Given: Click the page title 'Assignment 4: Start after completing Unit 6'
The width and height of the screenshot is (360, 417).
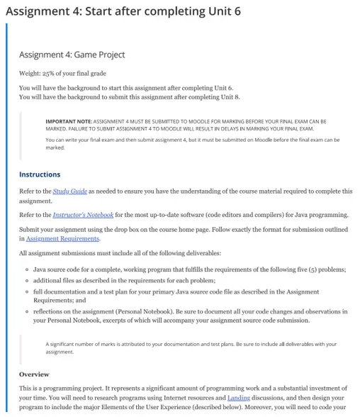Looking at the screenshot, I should click(123, 12).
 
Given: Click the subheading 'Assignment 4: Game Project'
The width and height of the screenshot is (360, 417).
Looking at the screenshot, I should click(72, 55).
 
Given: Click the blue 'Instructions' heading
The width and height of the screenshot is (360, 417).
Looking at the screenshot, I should click(40, 174).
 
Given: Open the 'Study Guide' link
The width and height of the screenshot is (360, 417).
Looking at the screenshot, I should click(70, 191).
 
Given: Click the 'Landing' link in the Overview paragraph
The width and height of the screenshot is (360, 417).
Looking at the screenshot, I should click(238, 398).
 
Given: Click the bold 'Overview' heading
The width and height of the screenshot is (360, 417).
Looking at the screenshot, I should click(34, 374).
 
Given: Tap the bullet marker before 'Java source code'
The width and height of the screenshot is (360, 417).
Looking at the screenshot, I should click(26, 269).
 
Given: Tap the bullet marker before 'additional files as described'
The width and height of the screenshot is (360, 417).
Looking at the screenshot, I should click(26, 281).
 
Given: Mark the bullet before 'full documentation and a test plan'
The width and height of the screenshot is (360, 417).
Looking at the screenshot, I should click(26, 292).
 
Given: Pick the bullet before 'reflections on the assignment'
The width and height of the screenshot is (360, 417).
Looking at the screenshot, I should click(26, 311).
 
